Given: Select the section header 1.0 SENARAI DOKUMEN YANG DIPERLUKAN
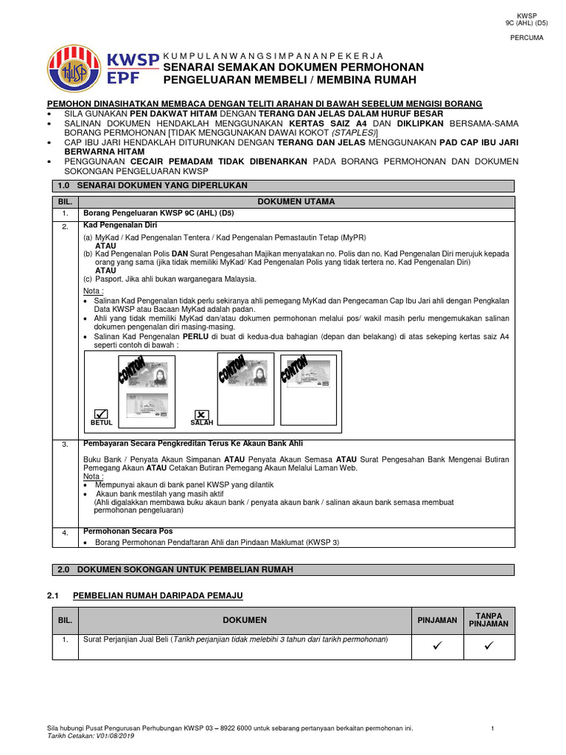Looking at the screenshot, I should tap(153, 185).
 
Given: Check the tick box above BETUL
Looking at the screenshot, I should tap(101, 414).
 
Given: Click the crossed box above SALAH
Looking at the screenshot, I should tap(201, 414).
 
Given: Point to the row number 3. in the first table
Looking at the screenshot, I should tap(64, 445).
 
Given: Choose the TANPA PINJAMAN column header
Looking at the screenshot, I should tap(489, 619).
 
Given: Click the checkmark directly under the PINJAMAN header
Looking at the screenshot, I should tap(437, 646).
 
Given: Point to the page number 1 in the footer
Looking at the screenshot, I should tap(492, 728).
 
